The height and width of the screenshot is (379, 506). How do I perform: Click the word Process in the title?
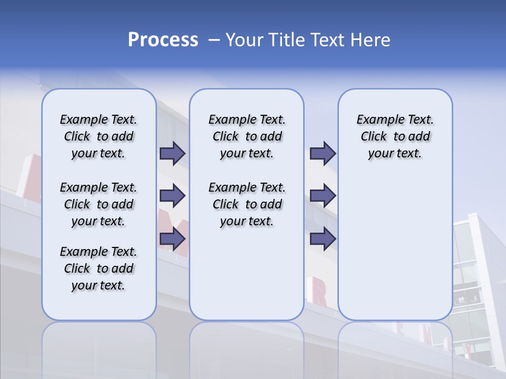(163, 40)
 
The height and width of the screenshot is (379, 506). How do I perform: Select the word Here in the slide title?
(371, 40)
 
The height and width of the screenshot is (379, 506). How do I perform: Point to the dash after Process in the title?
(214, 41)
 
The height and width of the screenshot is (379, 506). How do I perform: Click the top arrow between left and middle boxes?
(172, 153)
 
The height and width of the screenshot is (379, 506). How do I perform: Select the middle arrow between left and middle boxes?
(172, 196)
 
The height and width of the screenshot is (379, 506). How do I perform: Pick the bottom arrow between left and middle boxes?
(172, 240)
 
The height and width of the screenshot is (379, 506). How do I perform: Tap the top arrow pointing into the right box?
(323, 153)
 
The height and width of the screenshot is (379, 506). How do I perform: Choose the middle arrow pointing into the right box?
(323, 196)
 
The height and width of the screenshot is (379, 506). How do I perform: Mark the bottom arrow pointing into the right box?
(323, 240)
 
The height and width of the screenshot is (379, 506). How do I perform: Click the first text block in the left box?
(99, 136)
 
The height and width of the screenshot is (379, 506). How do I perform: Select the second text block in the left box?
(99, 204)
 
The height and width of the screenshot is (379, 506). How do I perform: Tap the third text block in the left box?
(99, 268)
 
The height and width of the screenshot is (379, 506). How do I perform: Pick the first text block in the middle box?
(247, 136)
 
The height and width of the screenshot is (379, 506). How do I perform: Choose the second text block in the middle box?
(247, 204)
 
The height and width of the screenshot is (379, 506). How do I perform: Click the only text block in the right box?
(395, 136)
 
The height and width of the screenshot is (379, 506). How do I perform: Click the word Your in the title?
(245, 40)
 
